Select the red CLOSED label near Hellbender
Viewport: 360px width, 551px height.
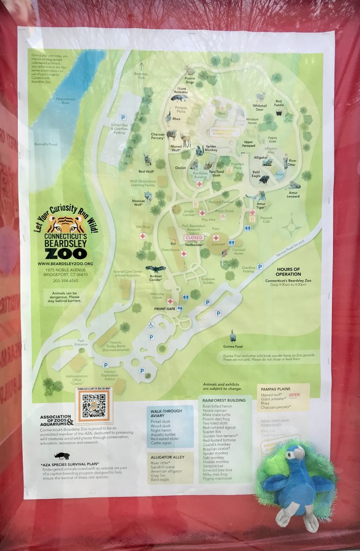click(194, 238)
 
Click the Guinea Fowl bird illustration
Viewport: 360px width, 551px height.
click(234, 336)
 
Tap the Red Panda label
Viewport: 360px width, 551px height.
click(279, 104)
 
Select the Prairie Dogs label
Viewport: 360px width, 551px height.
click(190, 80)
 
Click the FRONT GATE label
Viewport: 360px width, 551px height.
click(165, 309)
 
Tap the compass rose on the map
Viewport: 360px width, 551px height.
click(291, 227)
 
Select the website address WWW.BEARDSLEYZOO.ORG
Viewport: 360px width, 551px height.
click(64, 263)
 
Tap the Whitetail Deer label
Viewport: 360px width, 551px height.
click(260, 107)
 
